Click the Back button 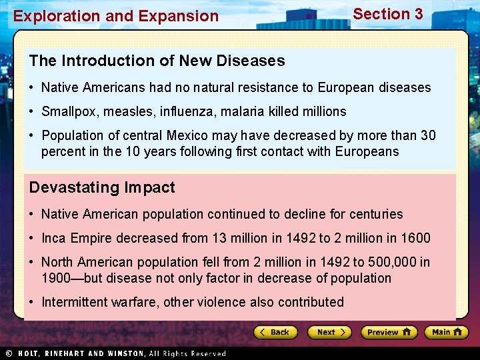(x=274, y=332)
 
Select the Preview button (x=389, y=332)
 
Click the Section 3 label (x=387, y=14)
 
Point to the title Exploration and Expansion (x=116, y=16)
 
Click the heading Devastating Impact (x=102, y=187)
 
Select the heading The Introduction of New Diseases (x=157, y=61)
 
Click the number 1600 (x=415, y=238)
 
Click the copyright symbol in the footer (x=9, y=353)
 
